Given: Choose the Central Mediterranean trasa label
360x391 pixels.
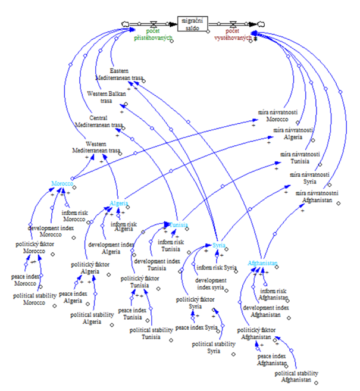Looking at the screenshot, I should tap(99, 121).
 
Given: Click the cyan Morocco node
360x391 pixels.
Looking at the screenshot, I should tap(61, 184).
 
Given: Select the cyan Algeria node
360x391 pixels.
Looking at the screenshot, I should tap(119, 204).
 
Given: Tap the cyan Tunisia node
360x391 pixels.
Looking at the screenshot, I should tap(179, 225).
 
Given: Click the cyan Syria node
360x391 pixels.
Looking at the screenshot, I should tap(220, 245).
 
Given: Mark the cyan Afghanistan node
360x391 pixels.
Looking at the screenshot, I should tap(264, 263).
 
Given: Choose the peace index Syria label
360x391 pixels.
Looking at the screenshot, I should tap(196, 327).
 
